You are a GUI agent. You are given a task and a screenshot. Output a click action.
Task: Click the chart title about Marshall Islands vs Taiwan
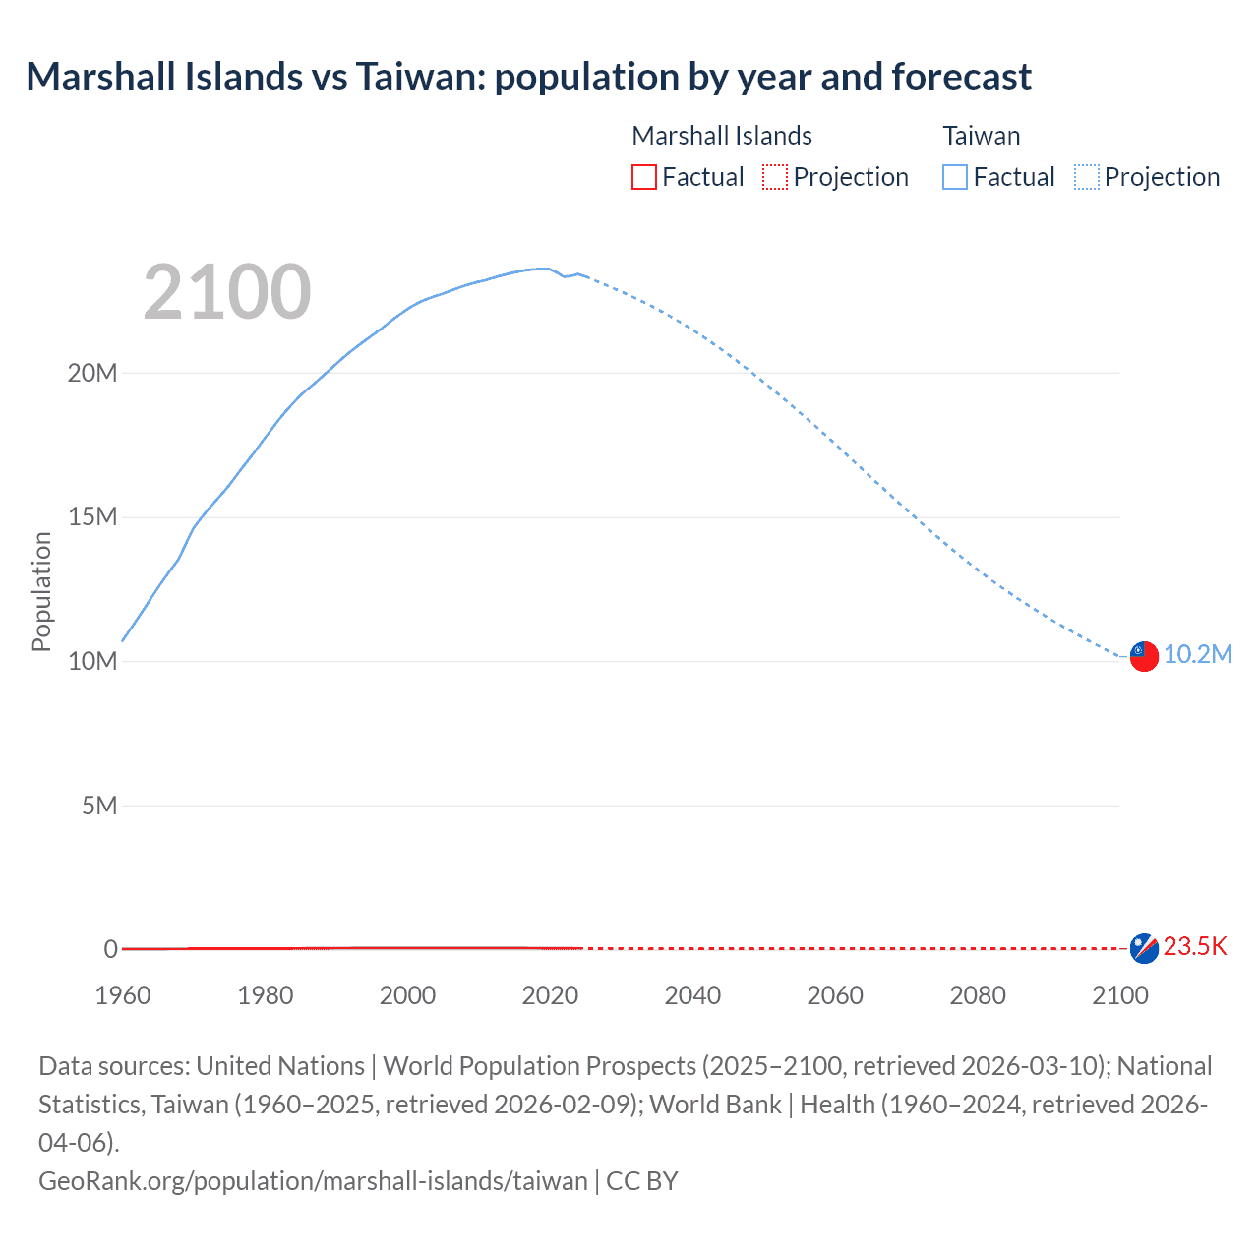528,77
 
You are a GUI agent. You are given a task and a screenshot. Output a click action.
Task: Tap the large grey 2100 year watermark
227,292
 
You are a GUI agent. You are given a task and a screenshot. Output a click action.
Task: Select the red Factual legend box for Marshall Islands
643,177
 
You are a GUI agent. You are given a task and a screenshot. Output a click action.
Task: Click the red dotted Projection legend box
775,177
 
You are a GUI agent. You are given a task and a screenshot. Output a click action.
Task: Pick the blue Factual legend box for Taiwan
954,177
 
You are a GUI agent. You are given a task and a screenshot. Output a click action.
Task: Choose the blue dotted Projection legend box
1086,177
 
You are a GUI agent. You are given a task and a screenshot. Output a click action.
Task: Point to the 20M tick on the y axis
92,373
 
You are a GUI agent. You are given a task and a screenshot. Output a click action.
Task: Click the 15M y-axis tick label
92,517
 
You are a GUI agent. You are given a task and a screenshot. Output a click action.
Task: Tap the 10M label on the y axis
92,661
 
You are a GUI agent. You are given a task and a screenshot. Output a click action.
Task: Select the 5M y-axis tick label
99,806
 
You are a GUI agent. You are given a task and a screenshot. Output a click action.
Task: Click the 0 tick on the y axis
110,949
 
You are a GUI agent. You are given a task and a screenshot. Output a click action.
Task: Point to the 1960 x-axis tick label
123,995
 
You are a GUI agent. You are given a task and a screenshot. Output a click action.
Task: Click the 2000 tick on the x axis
407,995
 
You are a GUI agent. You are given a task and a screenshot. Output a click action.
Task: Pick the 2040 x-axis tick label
692,995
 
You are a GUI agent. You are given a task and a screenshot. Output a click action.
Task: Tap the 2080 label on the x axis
978,995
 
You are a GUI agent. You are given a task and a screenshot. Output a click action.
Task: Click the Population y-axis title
41,591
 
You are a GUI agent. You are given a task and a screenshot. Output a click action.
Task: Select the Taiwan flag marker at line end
1144,656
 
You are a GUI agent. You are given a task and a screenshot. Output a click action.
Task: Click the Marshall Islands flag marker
1144,948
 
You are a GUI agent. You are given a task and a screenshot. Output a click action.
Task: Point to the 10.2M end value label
1197,655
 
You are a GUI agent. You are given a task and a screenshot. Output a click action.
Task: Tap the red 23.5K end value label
1195,947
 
